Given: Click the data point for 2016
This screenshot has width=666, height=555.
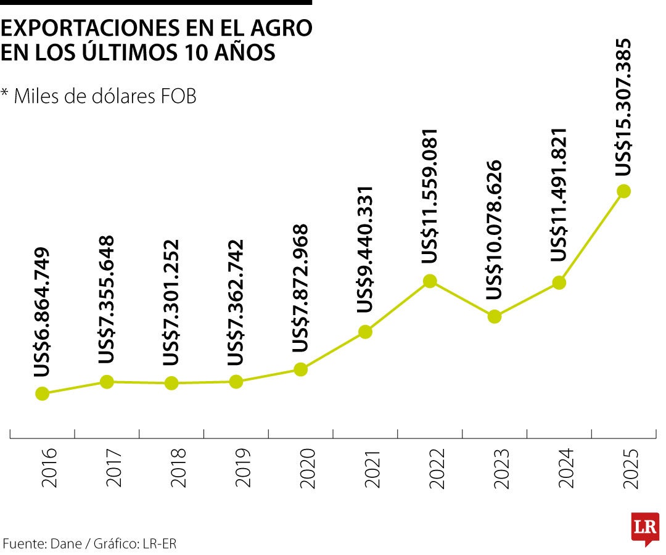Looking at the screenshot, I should coord(42,393).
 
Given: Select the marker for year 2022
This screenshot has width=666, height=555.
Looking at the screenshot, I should coord(430,281).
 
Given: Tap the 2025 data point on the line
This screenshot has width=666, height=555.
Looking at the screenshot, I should coord(623,191).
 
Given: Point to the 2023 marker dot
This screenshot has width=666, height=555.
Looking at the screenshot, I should coord(495,316).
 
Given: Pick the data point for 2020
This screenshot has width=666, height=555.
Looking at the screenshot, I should coord(300,369).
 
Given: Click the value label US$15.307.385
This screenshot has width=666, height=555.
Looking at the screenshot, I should coord(625,107).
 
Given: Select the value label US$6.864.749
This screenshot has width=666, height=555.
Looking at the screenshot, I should coord(42,313).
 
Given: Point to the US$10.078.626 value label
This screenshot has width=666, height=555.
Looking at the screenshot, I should coord(495,230).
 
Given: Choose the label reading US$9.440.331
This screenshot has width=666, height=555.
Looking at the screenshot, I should coord(365,249).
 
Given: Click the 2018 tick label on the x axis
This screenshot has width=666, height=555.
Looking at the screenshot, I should coord(177,468).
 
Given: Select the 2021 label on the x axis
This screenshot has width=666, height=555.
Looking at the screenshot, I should coord(371,468).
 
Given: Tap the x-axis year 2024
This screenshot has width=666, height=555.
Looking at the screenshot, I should coord(565,468).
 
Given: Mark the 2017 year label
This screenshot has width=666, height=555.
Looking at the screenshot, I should coord(112,468).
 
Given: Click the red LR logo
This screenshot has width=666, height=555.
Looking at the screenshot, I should coord(645,528).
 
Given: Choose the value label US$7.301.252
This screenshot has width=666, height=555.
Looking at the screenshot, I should coord(171,302).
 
